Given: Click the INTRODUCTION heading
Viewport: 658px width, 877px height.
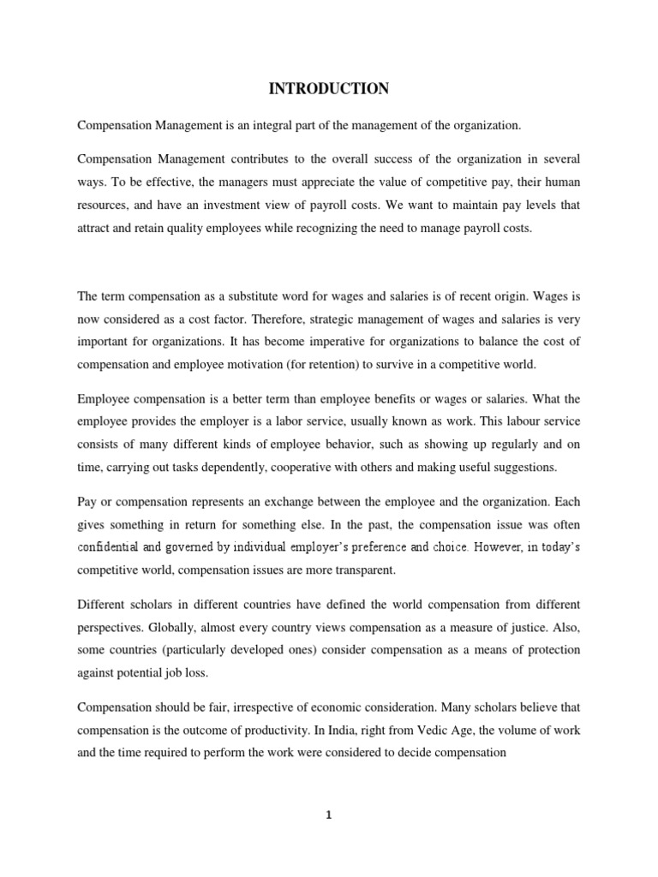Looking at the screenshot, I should click(329, 88).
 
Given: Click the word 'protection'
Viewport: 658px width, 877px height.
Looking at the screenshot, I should click(548, 628).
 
